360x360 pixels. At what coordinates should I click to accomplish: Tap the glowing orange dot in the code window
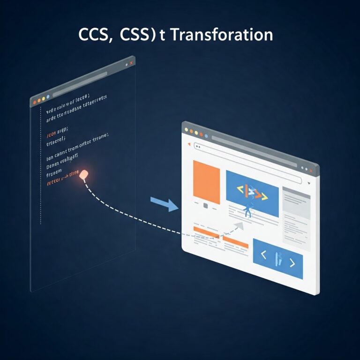coord(85,175)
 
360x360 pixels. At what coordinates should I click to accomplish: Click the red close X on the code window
coord(131,62)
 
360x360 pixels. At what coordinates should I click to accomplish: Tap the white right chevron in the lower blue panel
coord(292,262)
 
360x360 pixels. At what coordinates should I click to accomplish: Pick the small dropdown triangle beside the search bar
coord(309,183)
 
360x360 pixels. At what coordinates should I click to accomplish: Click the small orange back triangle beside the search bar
coord(189,144)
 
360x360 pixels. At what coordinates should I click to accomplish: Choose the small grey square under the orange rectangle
coord(205,205)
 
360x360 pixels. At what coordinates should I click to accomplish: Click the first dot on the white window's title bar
coord(186,129)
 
